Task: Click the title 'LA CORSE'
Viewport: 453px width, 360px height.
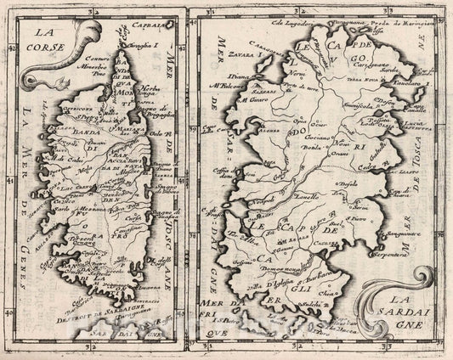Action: coord(43,41)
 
